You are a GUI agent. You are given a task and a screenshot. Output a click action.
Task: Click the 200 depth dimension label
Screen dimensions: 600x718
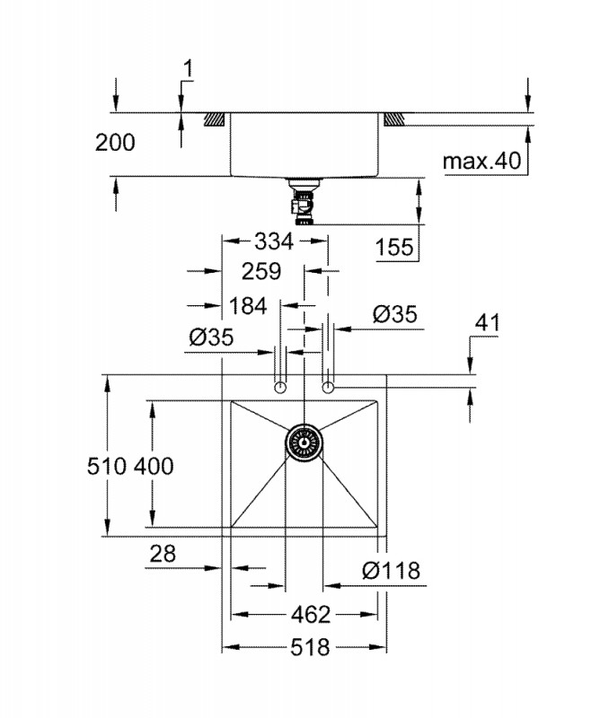tap(115, 143)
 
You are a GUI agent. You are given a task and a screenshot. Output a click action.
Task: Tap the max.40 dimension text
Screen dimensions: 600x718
tap(481, 161)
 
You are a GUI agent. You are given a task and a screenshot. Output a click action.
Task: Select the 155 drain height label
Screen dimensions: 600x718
tap(394, 248)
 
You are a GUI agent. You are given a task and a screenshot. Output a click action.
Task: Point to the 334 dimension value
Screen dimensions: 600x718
tap(274, 241)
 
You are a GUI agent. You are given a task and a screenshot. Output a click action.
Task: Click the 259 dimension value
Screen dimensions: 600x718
tap(261, 271)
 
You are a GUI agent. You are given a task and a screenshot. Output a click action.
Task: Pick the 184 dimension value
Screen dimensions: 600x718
tap(248, 306)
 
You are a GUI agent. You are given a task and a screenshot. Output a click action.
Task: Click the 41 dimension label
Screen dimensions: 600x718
tap(487, 323)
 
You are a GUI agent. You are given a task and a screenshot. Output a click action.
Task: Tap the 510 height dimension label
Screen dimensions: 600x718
tap(106, 467)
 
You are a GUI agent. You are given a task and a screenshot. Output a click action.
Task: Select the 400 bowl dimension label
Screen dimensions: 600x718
tap(154, 467)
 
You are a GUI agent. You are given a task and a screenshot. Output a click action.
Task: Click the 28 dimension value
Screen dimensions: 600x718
tap(163, 554)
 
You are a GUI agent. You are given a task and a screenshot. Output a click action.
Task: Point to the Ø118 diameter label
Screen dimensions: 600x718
tap(391, 571)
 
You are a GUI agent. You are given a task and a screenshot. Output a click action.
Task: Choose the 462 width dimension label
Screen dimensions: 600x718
tap(310, 615)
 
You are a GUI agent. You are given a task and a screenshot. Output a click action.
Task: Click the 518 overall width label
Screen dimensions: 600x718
tap(310, 647)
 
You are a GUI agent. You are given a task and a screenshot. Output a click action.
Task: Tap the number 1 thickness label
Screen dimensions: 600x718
tap(188, 69)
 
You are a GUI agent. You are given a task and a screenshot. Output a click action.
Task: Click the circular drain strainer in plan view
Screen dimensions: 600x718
tap(304, 442)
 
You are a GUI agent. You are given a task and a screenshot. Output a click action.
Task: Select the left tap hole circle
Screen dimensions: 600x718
tap(280, 388)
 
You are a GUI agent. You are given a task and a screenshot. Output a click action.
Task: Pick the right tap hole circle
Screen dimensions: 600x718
tap(328, 388)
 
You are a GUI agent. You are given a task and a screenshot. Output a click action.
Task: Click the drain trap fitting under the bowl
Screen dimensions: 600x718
tap(304, 202)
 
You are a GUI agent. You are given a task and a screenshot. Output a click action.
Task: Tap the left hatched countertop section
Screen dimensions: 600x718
tap(214, 119)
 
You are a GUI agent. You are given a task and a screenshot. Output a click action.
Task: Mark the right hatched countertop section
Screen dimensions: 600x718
tap(394, 119)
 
